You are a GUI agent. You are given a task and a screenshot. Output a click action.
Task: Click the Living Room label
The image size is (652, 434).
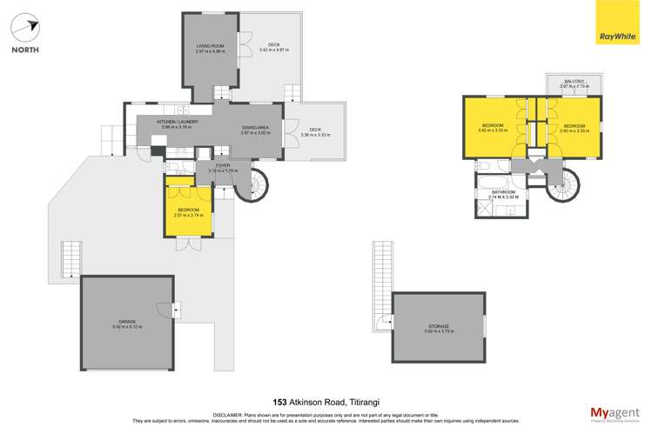click(211, 48)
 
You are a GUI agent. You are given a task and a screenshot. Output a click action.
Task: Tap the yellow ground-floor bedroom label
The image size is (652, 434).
click(189, 211)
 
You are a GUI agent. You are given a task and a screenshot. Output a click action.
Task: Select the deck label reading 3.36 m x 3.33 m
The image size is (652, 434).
click(314, 132)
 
